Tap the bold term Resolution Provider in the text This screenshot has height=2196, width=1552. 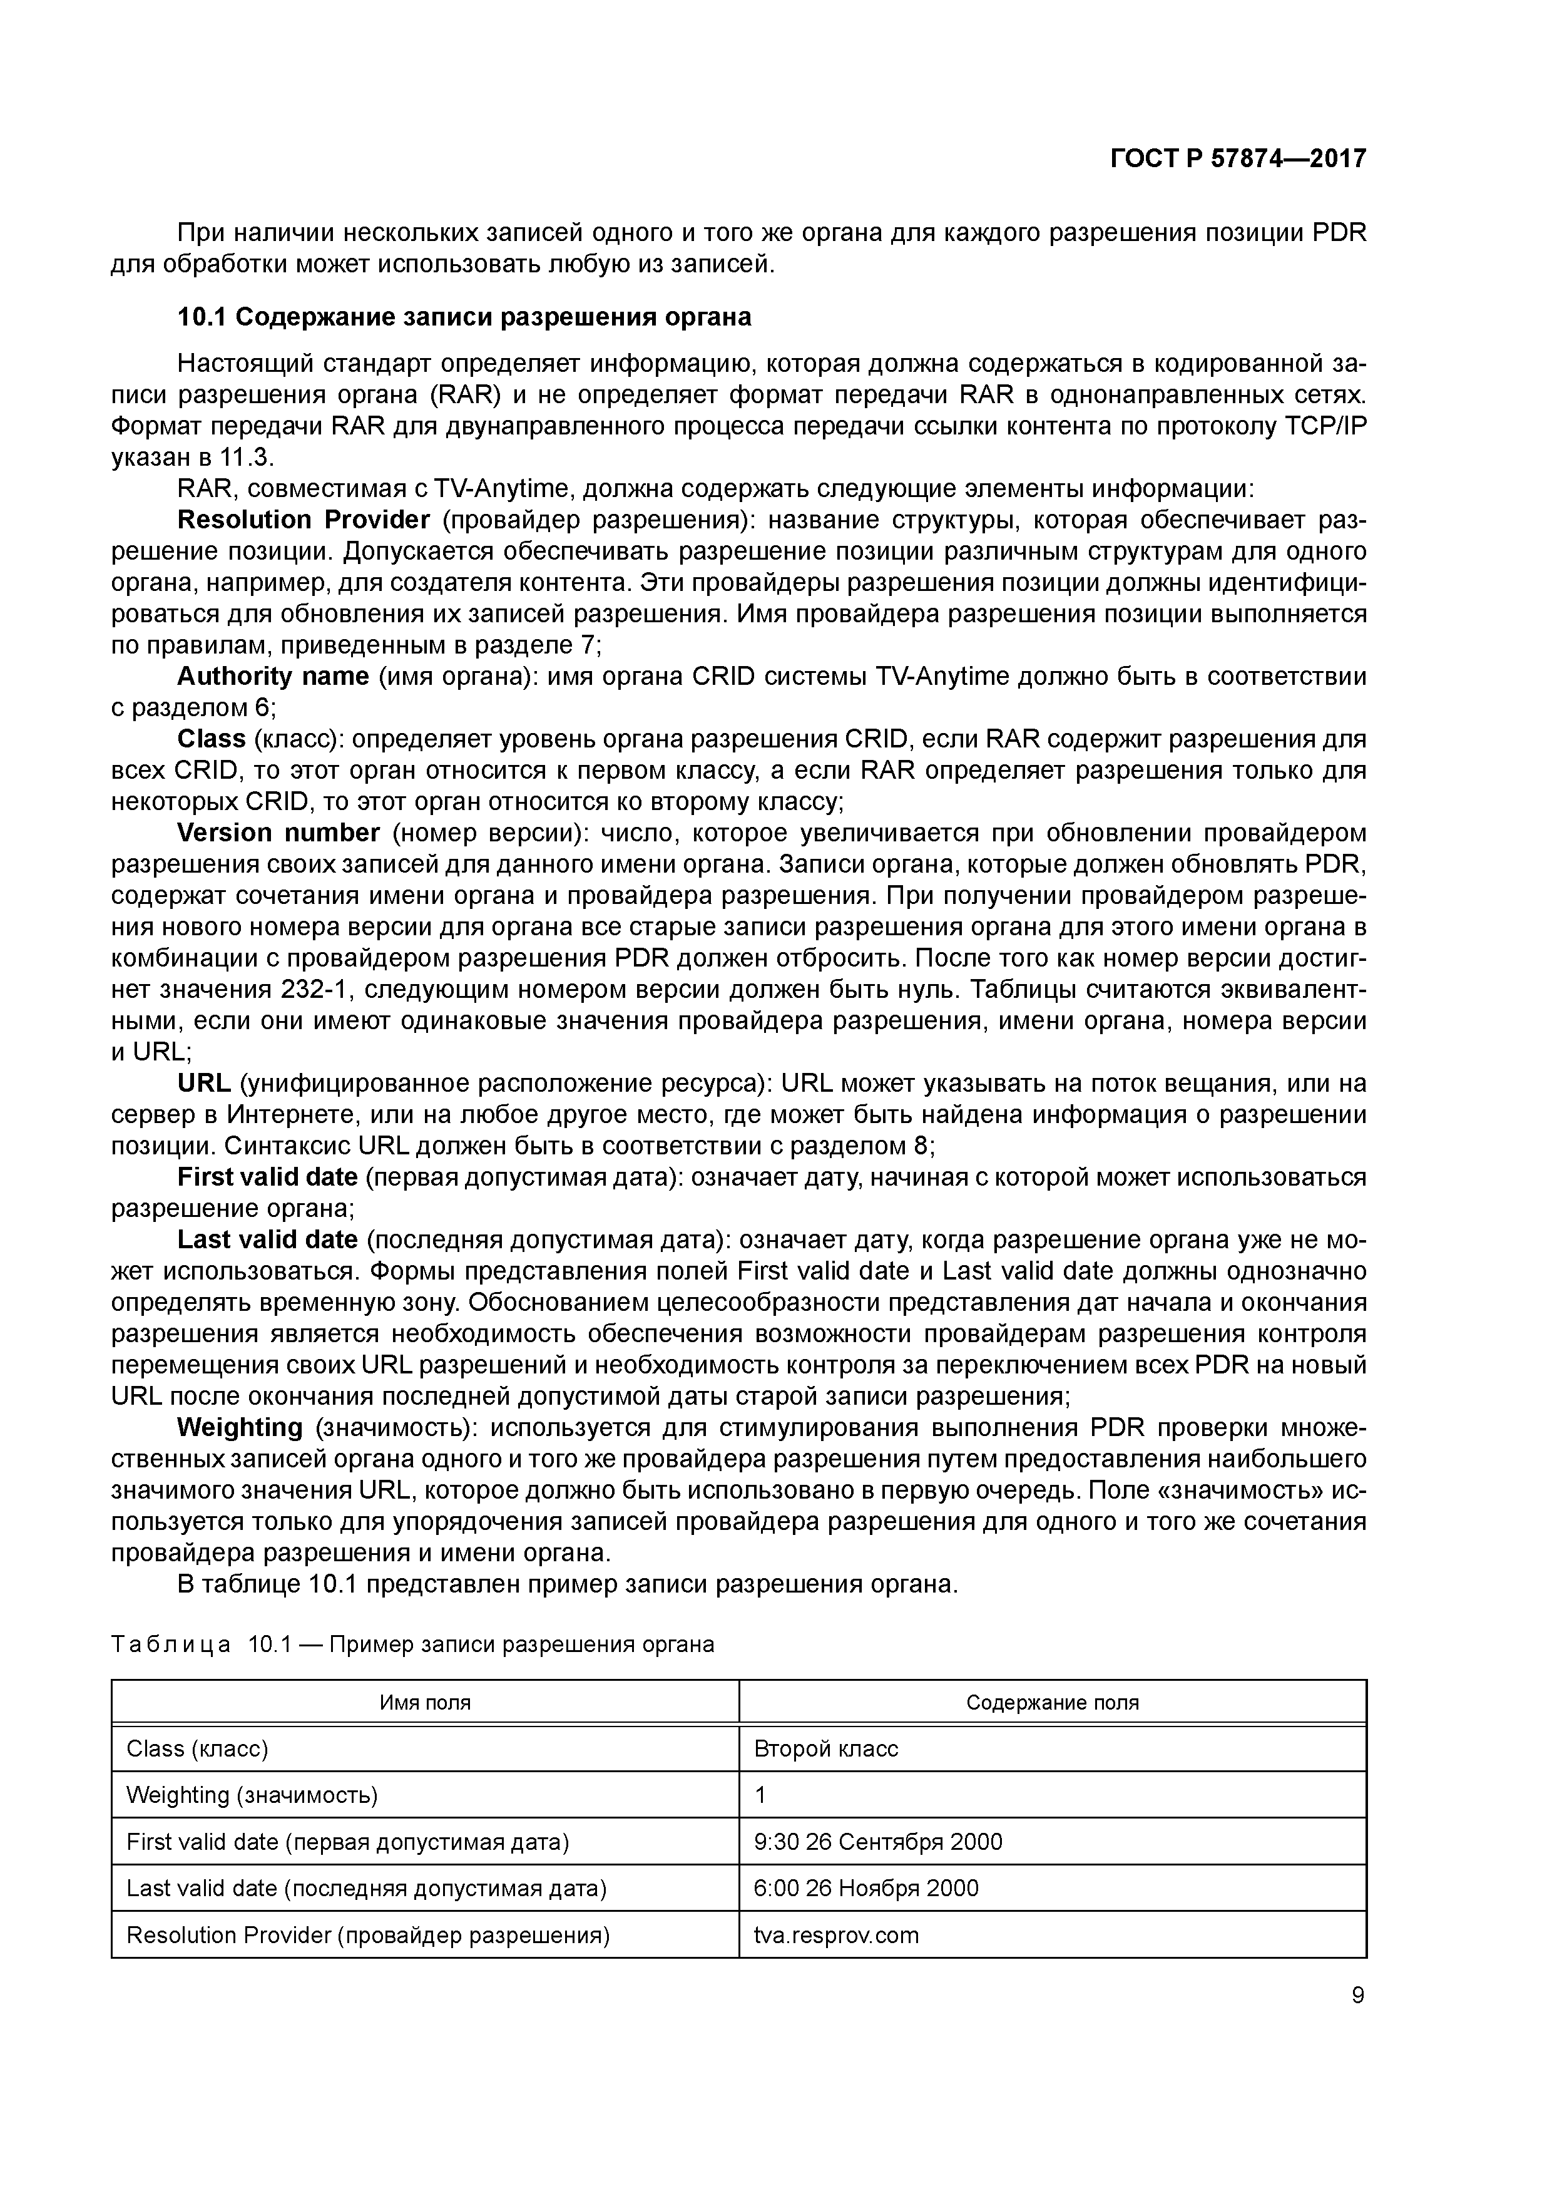pyautogui.click(x=303, y=520)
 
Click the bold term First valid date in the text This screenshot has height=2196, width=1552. pyautogui.click(x=267, y=1176)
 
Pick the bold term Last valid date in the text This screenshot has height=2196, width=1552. pyautogui.click(x=267, y=1239)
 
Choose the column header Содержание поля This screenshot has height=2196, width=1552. pyautogui.click(x=1052, y=1703)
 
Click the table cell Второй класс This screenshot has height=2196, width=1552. pyautogui.click(x=825, y=1748)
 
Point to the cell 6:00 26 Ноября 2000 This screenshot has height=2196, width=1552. pyautogui.click(x=865, y=1888)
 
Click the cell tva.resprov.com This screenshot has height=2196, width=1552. pyautogui.click(x=836, y=1935)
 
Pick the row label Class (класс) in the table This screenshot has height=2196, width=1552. pyautogui.click(x=197, y=1748)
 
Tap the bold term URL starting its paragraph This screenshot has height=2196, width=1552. pyautogui.click(x=203, y=1083)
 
